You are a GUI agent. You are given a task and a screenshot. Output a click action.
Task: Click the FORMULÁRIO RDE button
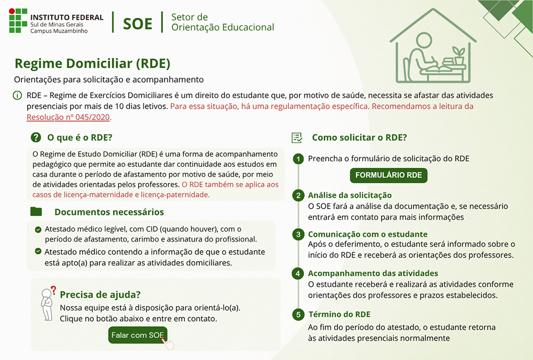click(x=389, y=175)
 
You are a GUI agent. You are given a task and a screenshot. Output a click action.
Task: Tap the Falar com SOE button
click(x=138, y=335)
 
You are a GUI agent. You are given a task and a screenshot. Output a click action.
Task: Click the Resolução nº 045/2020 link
click(x=68, y=117)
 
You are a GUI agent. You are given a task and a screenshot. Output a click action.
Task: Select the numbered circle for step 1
click(x=298, y=159)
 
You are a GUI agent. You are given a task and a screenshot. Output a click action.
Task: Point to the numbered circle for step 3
click(x=298, y=234)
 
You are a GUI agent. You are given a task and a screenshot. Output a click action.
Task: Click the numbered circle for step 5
click(x=298, y=315)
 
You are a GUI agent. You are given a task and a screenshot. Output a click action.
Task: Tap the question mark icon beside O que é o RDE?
click(x=36, y=138)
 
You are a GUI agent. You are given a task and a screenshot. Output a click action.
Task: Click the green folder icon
click(x=36, y=212)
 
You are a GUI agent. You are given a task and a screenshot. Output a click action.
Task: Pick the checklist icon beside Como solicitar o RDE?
click(x=297, y=138)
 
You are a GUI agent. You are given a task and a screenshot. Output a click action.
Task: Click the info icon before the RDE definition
click(x=18, y=95)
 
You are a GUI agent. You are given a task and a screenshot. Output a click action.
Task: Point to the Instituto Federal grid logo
click(x=18, y=21)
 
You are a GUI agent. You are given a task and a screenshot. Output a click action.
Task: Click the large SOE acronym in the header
click(x=138, y=24)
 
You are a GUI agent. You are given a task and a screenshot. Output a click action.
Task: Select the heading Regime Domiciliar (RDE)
click(x=92, y=63)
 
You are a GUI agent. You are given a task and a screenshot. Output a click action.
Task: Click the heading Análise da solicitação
click(x=350, y=195)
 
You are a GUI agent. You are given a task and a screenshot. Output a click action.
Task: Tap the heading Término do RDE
click(x=339, y=315)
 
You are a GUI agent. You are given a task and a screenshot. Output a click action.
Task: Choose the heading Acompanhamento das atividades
click(x=373, y=274)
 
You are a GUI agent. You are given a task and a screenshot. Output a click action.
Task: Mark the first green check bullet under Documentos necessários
click(x=38, y=230)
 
